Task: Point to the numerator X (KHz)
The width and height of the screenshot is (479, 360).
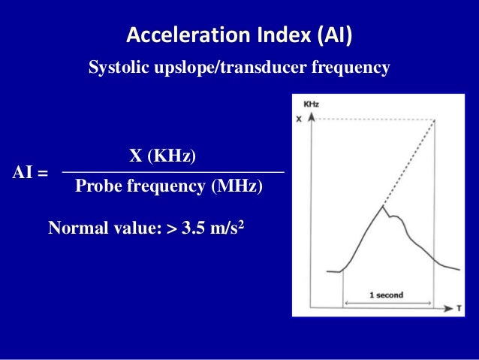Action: coord(163,156)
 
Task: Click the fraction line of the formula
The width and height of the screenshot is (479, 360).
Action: coord(173,173)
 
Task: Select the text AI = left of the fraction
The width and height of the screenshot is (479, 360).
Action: coord(31,173)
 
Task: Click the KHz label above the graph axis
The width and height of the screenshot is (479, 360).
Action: coord(310,104)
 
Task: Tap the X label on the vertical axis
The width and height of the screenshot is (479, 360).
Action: coord(300,119)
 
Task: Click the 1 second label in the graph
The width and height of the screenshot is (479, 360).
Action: coord(386,295)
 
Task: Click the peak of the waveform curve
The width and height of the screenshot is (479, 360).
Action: coord(383,205)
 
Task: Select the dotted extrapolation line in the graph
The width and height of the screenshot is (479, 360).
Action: coord(409,162)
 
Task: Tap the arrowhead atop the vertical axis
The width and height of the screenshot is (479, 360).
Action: coord(312,117)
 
